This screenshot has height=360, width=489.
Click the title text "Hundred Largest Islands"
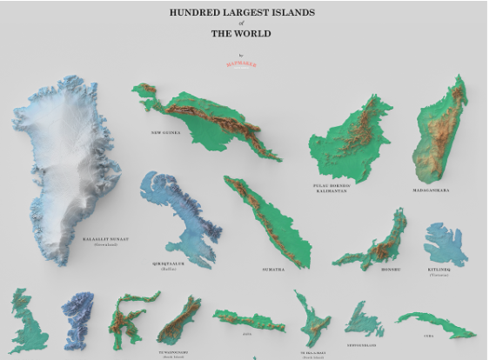coord(241,13)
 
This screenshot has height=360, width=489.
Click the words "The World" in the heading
coord(241,34)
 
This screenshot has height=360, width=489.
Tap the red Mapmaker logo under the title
coord(241,63)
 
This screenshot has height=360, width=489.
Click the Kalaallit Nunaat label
coord(105,238)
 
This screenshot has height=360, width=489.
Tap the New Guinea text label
coord(165,133)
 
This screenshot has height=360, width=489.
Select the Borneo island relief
coord(352,139)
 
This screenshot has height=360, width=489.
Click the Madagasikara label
coord(431,189)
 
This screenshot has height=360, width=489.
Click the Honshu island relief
coord(374,243)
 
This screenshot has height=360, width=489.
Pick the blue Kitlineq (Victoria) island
coord(445,243)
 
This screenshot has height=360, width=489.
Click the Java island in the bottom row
coord(248,319)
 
